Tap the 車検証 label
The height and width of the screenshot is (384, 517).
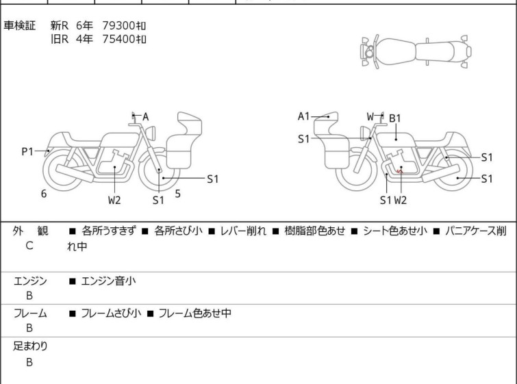(x=19, y=25)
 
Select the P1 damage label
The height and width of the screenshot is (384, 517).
(x=27, y=151)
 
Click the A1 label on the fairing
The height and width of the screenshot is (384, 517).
(x=303, y=116)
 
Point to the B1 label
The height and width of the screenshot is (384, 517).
(x=394, y=118)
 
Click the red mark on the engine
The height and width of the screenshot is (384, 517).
(x=400, y=171)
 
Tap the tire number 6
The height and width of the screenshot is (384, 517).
(x=44, y=194)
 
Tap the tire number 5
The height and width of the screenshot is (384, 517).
(x=178, y=194)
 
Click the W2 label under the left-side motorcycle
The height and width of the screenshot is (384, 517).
(x=114, y=200)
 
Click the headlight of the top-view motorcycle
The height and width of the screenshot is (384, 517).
(x=369, y=52)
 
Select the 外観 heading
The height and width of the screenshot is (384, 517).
(x=30, y=231)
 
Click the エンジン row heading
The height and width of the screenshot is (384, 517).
(x=30, y=281)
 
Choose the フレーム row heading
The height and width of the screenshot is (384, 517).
(x=30, y=313)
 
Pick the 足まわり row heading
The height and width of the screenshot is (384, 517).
(x=30, y=346)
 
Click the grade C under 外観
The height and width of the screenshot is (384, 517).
(x=29, y=246)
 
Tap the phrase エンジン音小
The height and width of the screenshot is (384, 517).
(x=108, y=281)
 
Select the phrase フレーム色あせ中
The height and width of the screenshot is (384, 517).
(x=195, y=313)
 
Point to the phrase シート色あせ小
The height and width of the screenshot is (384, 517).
(x=394, y=231)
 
